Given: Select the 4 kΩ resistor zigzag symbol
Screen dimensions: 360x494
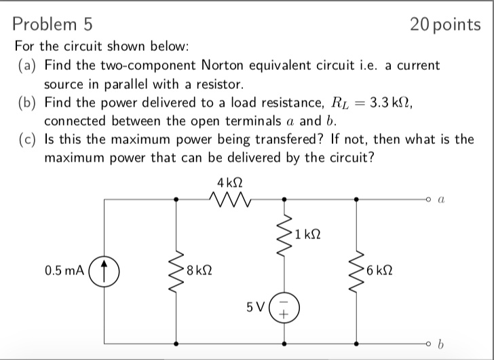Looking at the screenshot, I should pos(230,199).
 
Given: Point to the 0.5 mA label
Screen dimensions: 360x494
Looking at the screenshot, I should pos(64,270).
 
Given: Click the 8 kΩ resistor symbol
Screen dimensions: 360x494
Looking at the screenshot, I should pos(176,270).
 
